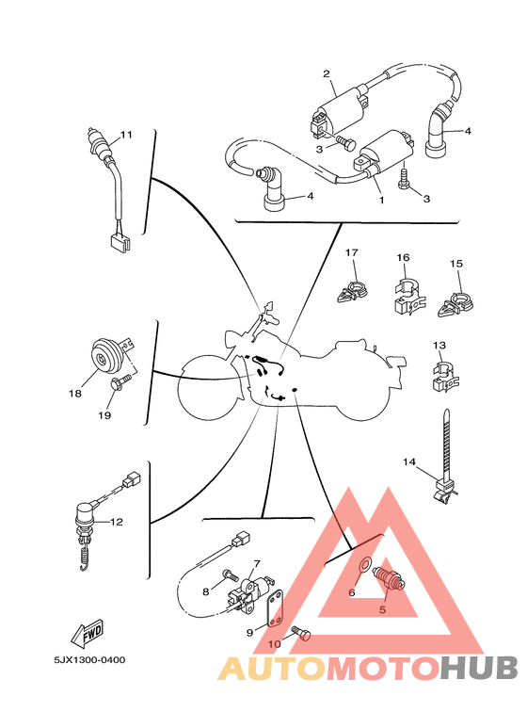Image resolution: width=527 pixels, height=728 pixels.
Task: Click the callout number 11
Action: coord(126,135)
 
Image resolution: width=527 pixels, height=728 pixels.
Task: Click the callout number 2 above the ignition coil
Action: coord(326,73)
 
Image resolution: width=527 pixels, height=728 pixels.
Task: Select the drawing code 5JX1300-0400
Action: coord(83,659)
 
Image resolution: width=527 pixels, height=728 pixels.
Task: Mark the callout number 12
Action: coord(117,521)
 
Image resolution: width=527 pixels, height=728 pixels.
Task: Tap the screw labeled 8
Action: coord(229,574)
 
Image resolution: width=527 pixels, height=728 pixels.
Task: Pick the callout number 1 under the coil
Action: coord(381,200)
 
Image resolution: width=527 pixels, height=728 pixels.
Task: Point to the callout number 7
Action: coord(256,563)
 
